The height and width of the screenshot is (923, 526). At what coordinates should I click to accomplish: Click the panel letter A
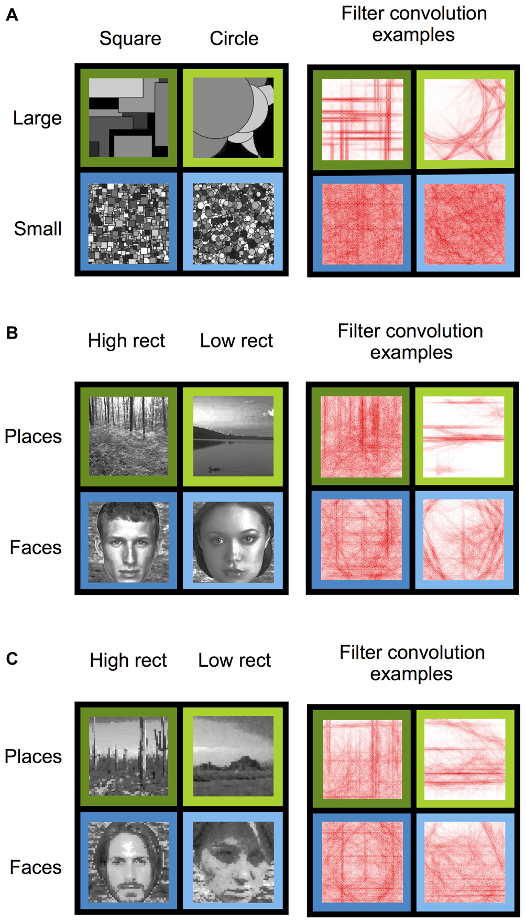12,15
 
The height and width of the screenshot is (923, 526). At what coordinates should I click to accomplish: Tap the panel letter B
12,333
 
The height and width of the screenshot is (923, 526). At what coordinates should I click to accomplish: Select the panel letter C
12,658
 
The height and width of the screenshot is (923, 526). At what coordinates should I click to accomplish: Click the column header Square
130,39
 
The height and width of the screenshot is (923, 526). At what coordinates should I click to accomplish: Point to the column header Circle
234,39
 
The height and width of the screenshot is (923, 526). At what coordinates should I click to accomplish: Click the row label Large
37,118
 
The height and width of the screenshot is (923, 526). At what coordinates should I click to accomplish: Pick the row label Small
38,229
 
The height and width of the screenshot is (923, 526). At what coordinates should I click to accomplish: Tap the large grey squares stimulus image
128,117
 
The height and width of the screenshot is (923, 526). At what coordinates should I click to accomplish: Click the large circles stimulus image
233,117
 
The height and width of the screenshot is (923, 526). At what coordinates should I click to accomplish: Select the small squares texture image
128,224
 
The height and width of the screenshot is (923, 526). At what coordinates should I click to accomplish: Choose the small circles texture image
233,224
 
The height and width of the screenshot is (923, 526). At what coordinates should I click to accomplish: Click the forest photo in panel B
128,436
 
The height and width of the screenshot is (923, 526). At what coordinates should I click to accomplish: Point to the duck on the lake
214,468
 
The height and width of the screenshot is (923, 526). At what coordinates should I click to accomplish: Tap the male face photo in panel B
128,542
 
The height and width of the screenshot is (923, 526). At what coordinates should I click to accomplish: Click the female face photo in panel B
233,542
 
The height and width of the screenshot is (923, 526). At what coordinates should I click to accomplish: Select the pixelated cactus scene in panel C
128,756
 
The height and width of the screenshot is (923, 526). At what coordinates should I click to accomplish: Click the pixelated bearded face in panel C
128,862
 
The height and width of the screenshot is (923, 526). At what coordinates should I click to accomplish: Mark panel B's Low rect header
236,341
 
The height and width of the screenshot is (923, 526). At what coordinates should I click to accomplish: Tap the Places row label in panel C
33,757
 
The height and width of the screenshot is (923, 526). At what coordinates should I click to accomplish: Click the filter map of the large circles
464,120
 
